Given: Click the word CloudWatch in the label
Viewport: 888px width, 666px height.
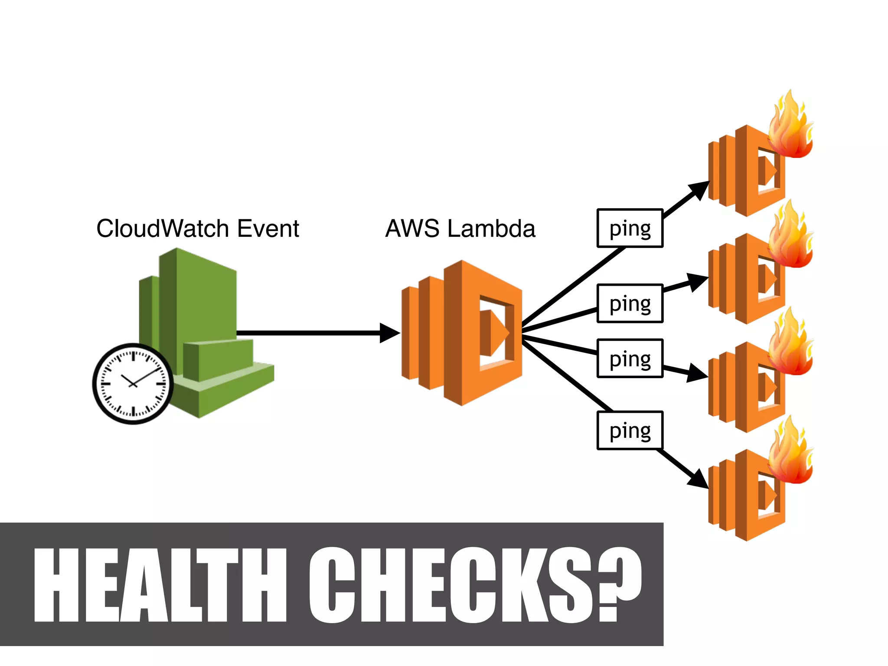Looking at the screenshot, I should [x=163, y=229].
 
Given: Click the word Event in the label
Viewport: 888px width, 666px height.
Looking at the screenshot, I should [x=268, y=229].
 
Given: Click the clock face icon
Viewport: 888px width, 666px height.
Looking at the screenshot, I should [x=133, y=384].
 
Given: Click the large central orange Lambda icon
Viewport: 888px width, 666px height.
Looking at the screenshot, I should [x=462, y=333].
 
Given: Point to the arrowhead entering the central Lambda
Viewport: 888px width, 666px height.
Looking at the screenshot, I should [x=389, y=333].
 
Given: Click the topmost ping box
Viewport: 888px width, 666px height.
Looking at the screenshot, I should [x=630, y=229].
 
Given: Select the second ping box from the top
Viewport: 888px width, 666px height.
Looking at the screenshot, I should [x=630, y=304].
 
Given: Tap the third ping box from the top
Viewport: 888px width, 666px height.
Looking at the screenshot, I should [x=630, y=359].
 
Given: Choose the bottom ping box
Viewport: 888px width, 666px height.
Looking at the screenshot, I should [x=630, y=431].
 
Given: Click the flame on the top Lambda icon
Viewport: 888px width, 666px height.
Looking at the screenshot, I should [x=790, y=128].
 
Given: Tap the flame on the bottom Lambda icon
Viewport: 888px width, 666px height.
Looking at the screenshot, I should [x=790, y=453].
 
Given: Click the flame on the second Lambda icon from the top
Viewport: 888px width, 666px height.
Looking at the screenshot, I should [x=790, y=237].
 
